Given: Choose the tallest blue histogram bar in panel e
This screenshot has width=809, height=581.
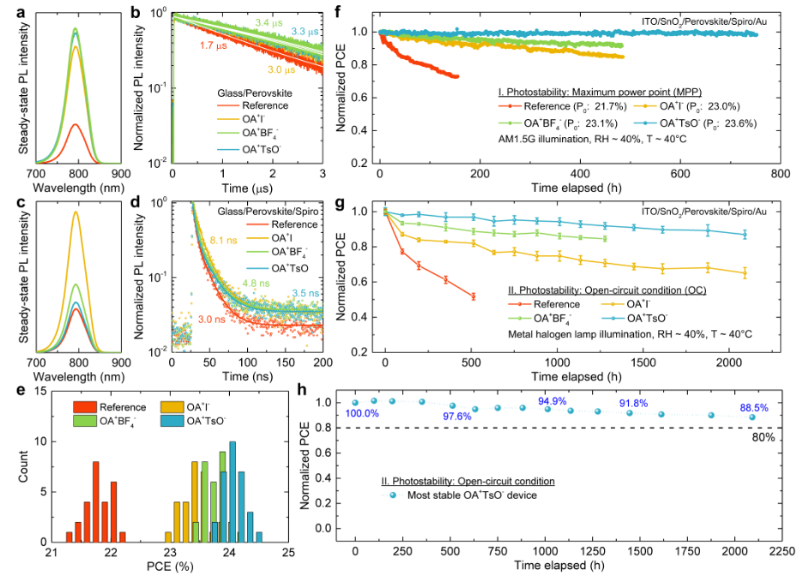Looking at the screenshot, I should click(x=232, y=492).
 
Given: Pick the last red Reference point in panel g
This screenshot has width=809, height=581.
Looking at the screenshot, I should click(x=473, y=296).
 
